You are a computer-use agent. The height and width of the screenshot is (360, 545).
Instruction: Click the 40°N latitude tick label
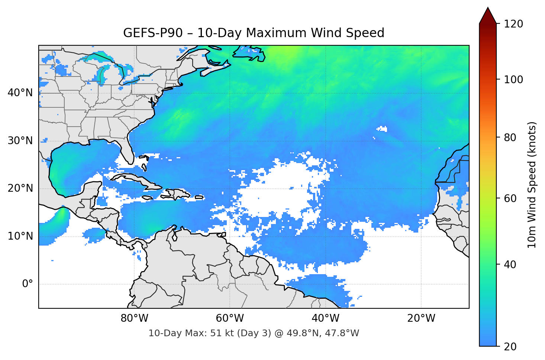click(20, 93)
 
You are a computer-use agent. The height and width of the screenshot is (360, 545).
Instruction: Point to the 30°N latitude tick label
click(20, 140)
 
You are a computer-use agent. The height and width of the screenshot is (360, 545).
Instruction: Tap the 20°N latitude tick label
click(20, 188)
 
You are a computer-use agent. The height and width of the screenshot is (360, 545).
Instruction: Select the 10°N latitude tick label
click(20, 236)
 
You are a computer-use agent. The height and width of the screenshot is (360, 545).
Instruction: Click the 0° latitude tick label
click(28, 284)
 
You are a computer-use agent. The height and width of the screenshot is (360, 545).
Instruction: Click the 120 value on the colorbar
click(513, 24)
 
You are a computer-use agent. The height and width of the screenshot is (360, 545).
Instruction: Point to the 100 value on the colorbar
click(513, 80)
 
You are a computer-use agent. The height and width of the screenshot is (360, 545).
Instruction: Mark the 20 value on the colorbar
click(510, 347)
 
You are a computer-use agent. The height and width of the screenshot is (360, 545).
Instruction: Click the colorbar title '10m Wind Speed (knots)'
click(532, 185)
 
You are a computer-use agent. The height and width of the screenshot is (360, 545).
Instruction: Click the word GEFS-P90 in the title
click(153, 33)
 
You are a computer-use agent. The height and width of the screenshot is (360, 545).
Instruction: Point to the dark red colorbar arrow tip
click(488, 9)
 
